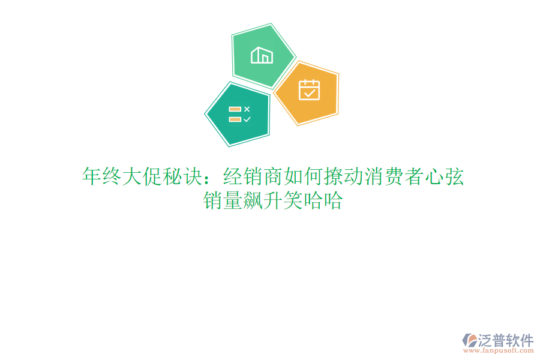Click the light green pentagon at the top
click(x=263, y=56)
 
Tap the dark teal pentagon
click(x=238, y=114)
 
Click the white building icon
click(x=262, y=55)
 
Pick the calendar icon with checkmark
click(x=309, y=89)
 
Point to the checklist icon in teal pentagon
click(x=239, y=114)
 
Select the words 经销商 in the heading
click(x=252, y=177)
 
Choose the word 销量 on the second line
click(x=222, y=201)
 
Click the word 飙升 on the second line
click(x=262, y=201)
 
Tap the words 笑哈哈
click(x=313, y=201)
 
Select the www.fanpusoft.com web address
click(x=499, y=350)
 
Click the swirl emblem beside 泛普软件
click(x=469, y=340)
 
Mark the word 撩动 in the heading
click(x=333, y=177)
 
